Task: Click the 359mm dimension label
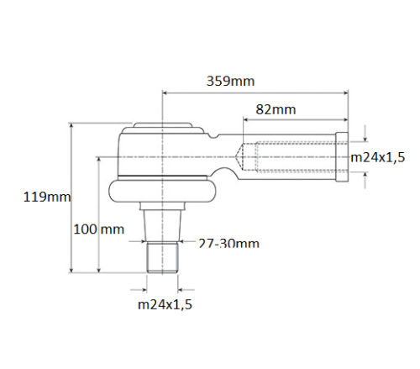pos(230,82)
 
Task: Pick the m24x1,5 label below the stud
pos(164,304)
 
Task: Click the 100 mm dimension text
pos(97,229)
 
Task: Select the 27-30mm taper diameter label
pos(228,244)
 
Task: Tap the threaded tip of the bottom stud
pos(162,256)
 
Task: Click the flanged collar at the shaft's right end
pos(342,156)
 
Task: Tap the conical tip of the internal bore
pos(242,156)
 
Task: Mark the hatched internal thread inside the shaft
pos(290,156)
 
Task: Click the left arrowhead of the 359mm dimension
pos(166,93)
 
